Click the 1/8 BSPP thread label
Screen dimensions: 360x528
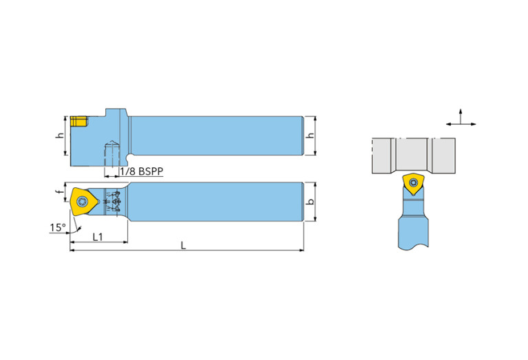click(x=141, y=171)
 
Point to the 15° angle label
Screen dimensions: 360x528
click(x=57, y=227)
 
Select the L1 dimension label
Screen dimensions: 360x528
click(x=97, y=236)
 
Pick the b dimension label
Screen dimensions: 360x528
click(x=311, y=202)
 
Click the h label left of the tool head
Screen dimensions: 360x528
click(x=59, y=136)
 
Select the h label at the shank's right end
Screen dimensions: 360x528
click(x=311, y=136)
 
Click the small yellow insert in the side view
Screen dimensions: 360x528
click(x=78, y=122)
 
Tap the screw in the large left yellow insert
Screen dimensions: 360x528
click(x=83, y=202)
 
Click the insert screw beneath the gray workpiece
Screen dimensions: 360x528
click(x=413, y=182)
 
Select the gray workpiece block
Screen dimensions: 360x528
click(x=413, y=155)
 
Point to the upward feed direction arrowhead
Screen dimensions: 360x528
click(x=461, y=111)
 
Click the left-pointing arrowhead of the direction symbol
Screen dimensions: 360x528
click(x=448, y=124)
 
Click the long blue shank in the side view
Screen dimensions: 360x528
click(x=216, y=136)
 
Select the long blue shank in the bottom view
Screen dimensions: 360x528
click(x=216, y=202)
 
